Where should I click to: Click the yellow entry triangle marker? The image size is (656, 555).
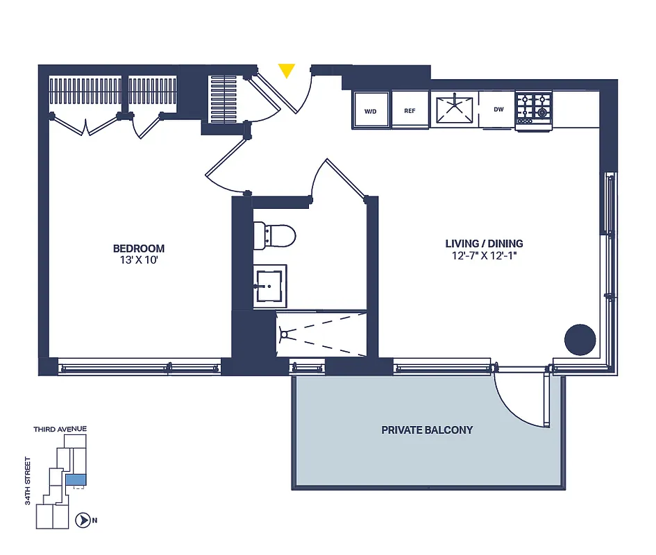(287, 70)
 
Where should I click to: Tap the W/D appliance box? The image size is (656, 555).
(370, 111)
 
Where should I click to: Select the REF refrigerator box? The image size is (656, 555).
(410, 111)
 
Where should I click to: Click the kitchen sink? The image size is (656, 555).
(454, 110)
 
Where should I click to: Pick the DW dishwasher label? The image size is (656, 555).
(498, 110)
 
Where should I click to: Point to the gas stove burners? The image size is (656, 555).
(534, 108)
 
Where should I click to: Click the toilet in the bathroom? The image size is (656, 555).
(275, 234)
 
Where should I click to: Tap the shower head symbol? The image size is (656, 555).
(283, 334)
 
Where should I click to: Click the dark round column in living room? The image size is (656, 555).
(580, 340)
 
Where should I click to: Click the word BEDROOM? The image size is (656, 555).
(139, 248)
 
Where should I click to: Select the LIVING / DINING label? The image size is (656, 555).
(484, 244)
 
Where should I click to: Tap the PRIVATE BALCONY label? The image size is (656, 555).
(427, 430)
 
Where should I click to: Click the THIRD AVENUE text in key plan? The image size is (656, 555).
(60, 429)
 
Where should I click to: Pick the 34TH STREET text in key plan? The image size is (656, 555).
(28, 481)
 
